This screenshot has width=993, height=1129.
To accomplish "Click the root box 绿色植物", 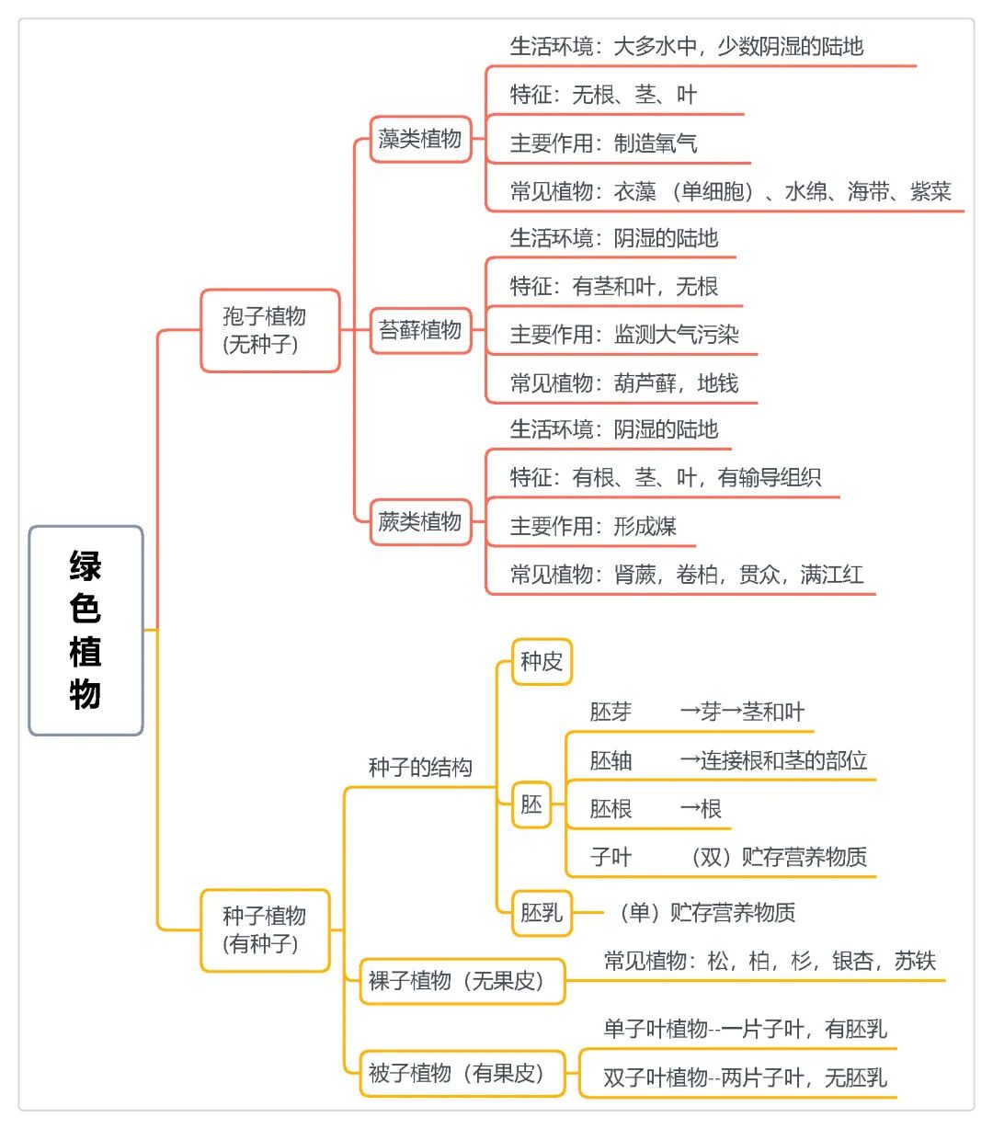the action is coord(86,631).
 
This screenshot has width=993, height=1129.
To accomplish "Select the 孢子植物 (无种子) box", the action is coord(270,330).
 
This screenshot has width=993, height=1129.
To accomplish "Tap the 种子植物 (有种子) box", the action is coord(265,930).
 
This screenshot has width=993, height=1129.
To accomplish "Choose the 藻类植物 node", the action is coord(421,139).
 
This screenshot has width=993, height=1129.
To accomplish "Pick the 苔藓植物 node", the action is coord(421,330).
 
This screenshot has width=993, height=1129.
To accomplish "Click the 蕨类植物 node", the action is coord(421,521).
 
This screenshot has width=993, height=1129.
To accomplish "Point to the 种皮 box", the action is coord(542,661).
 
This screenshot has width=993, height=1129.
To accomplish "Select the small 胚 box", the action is coord(531,804).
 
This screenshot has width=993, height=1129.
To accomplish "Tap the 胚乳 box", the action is coord(542,913).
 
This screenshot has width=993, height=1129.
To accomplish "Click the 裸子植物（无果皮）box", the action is coord(462,981).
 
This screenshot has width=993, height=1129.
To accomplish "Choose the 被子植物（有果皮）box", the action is coord(462,1073).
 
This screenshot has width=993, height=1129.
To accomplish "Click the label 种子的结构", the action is coord(420,768).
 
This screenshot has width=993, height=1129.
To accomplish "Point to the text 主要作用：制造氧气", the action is coord(603,143).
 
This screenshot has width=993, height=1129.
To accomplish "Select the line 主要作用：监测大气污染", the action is coord(624,335).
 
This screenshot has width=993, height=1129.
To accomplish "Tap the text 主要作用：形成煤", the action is coord(593,526).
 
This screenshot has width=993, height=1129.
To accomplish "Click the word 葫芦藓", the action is coord(645,383).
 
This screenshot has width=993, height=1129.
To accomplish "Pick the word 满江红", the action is coord(832,575).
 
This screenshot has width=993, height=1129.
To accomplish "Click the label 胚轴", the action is coord(611,760).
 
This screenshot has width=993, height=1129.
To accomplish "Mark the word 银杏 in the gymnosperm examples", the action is coord(852,960).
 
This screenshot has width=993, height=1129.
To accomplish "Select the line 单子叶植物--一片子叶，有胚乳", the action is coord(745,1029).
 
